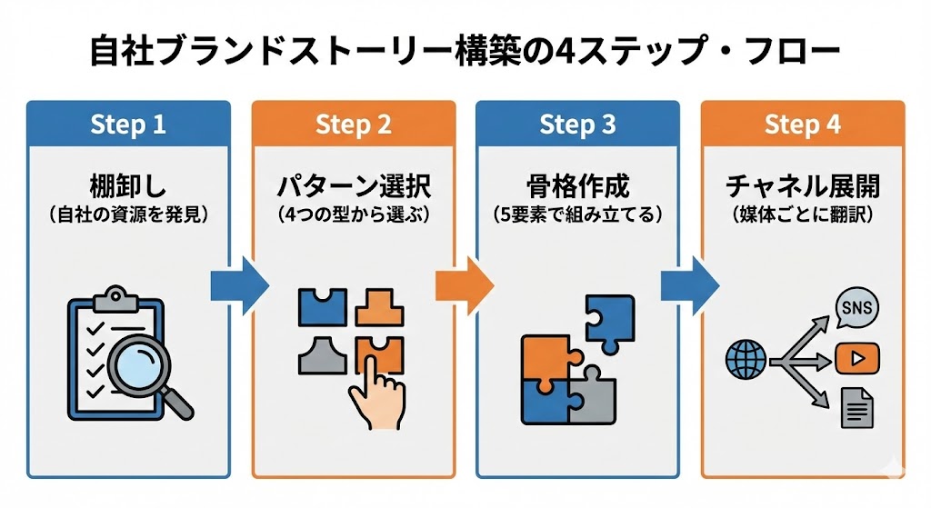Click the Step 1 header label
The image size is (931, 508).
coord(128,125)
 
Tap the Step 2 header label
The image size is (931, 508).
coord(353,125)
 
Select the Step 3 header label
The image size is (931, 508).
coord(577,125)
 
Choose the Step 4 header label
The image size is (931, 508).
coord(802,125)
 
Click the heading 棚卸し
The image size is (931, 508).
coord(128,187)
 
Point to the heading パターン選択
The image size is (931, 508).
coord(353,187)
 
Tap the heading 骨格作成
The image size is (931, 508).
coord(577,187)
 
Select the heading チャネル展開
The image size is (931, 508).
coord(802,187)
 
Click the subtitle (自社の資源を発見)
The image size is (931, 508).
coord(128,216)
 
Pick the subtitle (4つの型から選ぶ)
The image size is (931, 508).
coord(353,216)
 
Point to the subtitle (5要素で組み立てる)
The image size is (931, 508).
coord(577,216)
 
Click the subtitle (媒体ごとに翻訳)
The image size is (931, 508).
coord(802,216)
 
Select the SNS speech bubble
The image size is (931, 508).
coord(856,308)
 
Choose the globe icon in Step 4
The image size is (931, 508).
coord(746,360)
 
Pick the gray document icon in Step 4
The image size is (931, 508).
coord(856,407)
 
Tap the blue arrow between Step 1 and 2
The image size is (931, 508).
coord(240,285)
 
